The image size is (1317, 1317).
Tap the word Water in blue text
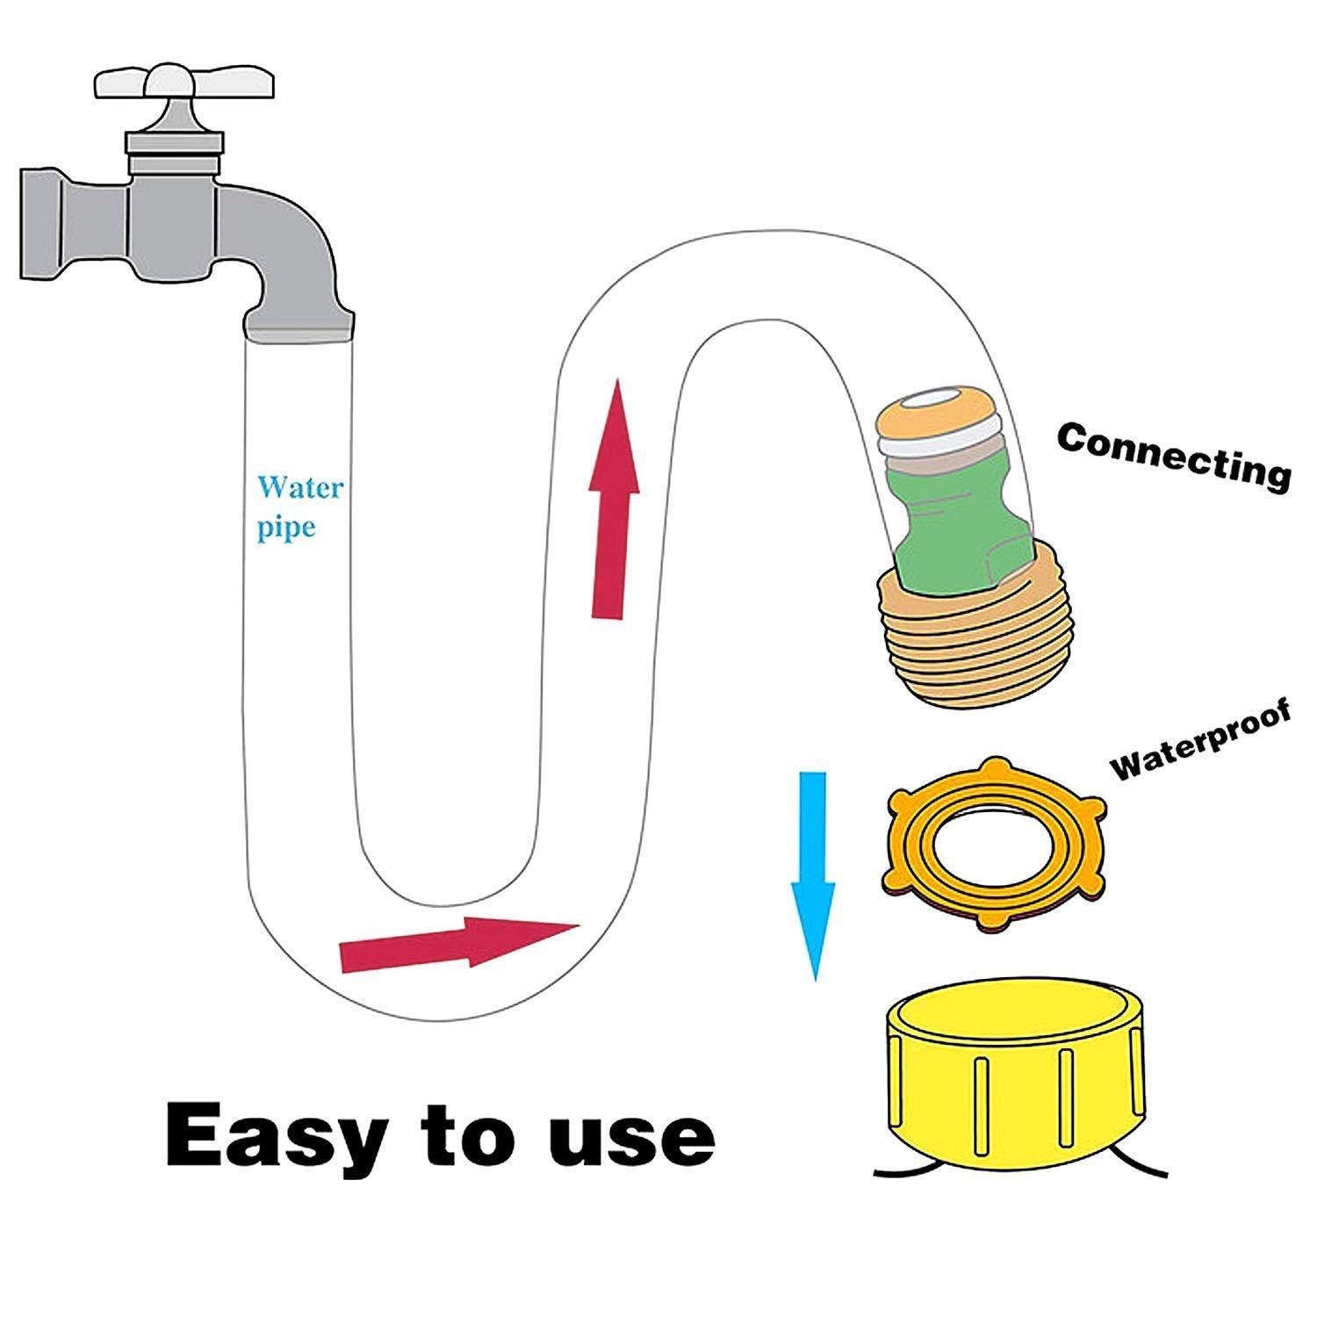(x=299, y=488)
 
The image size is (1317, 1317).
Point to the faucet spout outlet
(x=299, y=330)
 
